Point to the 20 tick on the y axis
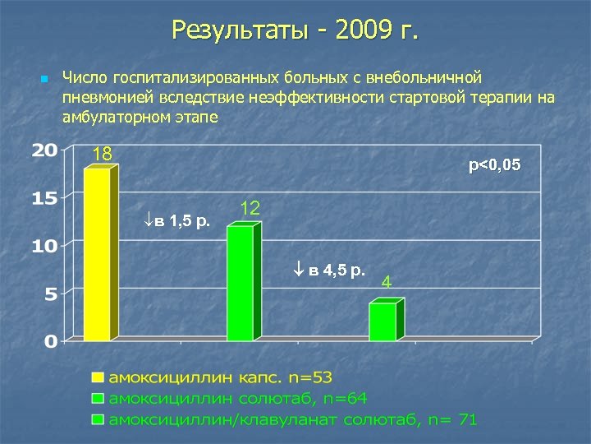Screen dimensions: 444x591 44,150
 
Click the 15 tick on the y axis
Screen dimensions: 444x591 44,198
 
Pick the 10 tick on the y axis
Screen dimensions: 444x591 44,246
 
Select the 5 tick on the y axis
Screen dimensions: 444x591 50,294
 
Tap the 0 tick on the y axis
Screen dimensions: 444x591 50,340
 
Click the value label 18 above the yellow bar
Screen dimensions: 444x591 103,155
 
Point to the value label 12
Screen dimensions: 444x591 250,210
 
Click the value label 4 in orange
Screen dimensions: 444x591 387,283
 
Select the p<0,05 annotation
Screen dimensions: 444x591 494,167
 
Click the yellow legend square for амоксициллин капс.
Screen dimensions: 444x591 98,377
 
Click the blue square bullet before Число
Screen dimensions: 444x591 44,79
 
